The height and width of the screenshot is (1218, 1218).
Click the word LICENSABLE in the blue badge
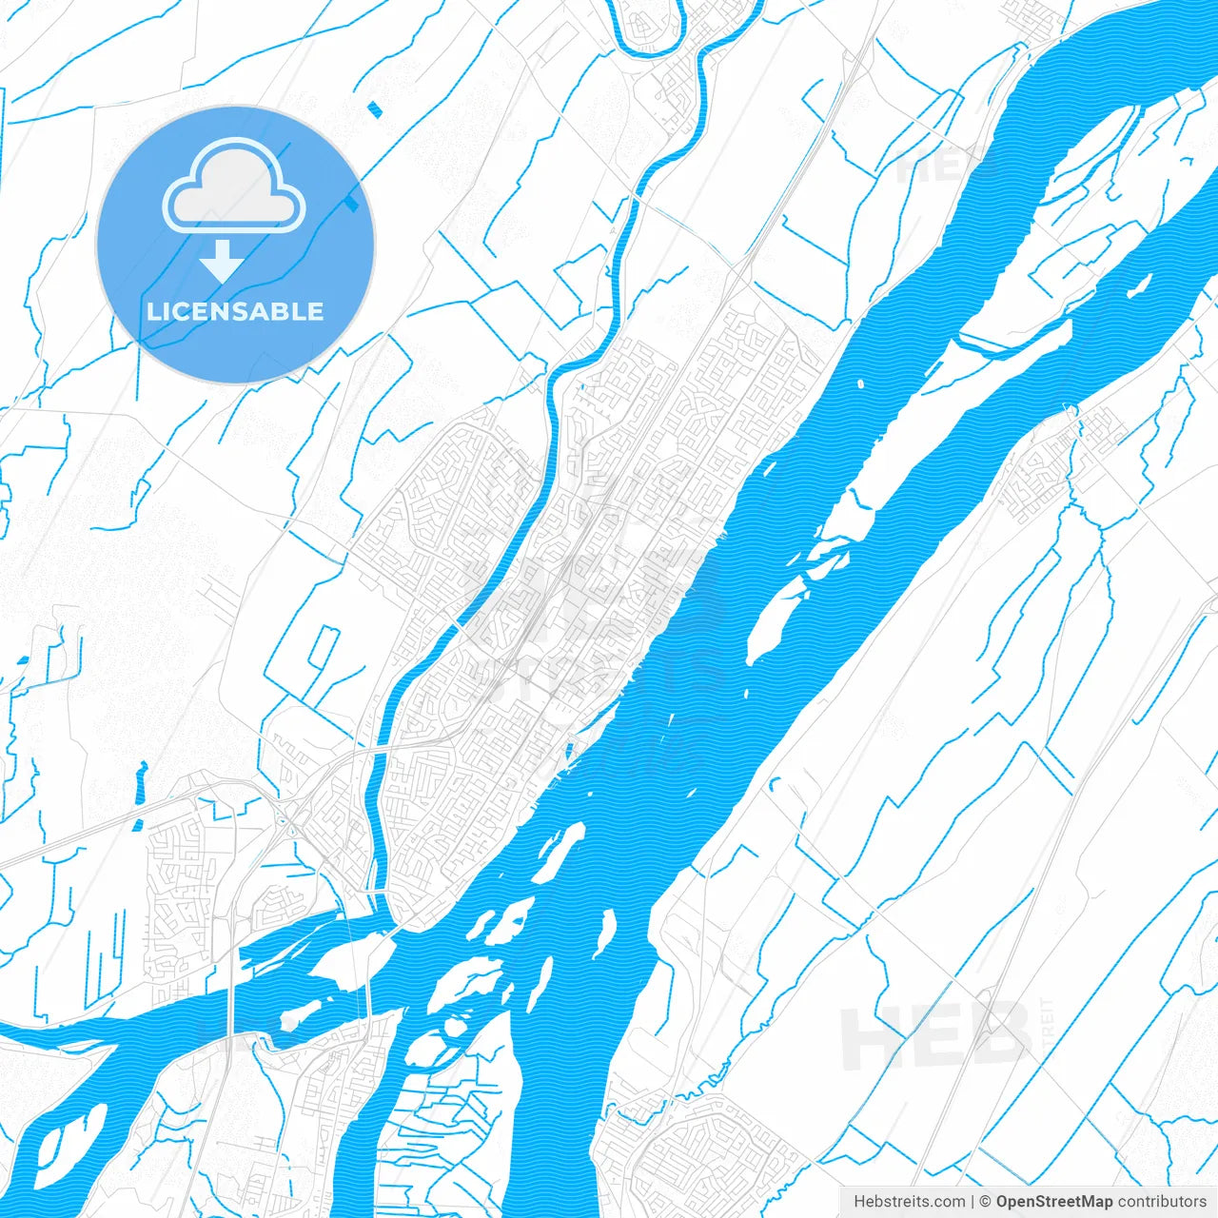(x=235, y=311)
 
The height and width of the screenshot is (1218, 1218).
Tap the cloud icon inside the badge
(x=234, y=187)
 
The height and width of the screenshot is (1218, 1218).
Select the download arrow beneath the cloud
(x=222, y=260)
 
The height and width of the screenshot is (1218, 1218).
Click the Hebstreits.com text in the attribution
(x=909, y=1202)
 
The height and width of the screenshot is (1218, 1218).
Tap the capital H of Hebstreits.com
(x=859, y=1202)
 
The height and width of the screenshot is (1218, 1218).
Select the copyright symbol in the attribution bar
(x=986, y=1202)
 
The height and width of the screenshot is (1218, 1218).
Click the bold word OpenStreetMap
(x=1054, y=1202)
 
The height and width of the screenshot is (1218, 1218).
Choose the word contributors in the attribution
(x=1162, y=1202)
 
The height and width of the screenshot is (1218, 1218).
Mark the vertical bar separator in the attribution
(x=973, y=1202)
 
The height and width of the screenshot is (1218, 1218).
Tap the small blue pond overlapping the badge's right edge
(x=354, y=201)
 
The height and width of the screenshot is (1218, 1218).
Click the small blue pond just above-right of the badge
(x=374, y=108)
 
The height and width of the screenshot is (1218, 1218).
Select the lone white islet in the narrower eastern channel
(x=1139, y=285)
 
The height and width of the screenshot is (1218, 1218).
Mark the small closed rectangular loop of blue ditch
(x=324, y=647)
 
